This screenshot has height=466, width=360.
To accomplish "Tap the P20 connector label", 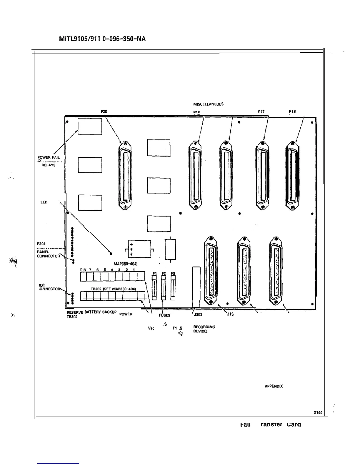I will point(104,111).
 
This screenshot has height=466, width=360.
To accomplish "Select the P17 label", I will point(261,112).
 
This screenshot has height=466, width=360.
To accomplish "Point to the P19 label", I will point(292,111).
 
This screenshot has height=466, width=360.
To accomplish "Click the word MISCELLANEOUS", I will point(208,104).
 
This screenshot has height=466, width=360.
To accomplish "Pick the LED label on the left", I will point(44,202).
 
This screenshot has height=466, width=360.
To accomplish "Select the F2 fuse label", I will point(164,273).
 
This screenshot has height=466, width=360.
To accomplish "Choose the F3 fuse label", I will point(173,273).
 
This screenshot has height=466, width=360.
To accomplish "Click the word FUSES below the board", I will point(164,315).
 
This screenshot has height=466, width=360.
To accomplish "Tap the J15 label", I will point(230,314).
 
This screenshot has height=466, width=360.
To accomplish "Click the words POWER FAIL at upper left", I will point(49,157).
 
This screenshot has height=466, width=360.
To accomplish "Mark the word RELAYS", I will point(48,165).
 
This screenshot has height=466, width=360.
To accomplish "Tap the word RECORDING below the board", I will point(204,327).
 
